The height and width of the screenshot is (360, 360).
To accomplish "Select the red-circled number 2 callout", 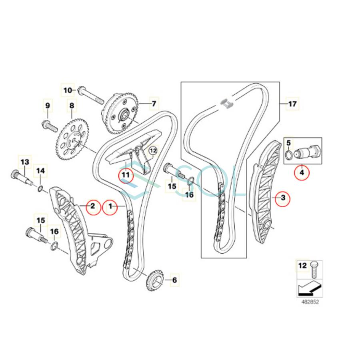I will tap(92, 207).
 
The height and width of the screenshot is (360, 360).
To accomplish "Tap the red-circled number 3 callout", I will tap(282, 198).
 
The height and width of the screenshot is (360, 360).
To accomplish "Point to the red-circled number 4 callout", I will tap(302, 172).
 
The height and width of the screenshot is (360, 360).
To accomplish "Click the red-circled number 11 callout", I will tap(126, 175).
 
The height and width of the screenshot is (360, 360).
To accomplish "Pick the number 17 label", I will tap(292, 104).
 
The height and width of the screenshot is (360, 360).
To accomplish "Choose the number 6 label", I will tap(174, 280).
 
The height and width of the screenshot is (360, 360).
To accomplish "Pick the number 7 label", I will tap(153, 104).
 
